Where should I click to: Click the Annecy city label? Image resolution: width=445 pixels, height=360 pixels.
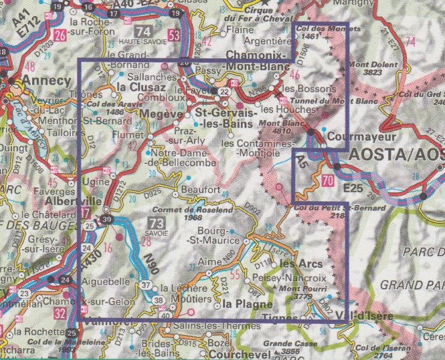pyautogui.click(x=46, y=81)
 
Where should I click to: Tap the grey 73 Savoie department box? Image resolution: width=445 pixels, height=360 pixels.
pyautogui.click(x=158, y=222)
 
